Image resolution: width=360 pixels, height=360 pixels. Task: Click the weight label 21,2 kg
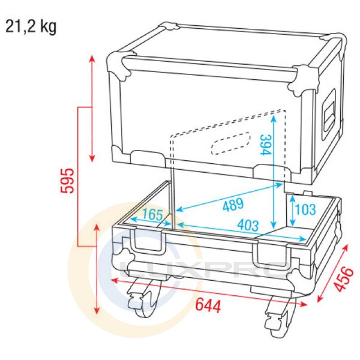click(x=31, y=27)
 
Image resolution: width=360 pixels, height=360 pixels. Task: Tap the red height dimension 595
click(x=67, y=180)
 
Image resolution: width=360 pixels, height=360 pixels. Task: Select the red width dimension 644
click(x=208, y=306)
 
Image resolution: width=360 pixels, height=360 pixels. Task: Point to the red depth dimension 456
click(x=343, y=279)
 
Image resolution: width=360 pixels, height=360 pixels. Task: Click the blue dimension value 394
click(x=266, y=144)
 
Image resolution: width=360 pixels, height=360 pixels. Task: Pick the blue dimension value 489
click(x=233, y=205)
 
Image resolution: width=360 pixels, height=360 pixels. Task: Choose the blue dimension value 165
click(x=153, y=215)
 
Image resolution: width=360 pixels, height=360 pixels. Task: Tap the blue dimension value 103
click(x=305, y=209)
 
